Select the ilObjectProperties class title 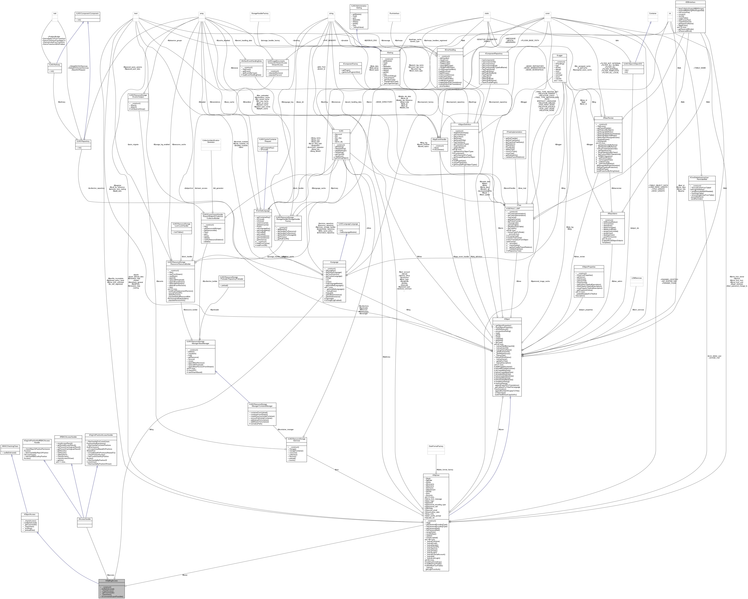pos(589,267)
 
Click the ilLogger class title pos(559,56)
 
